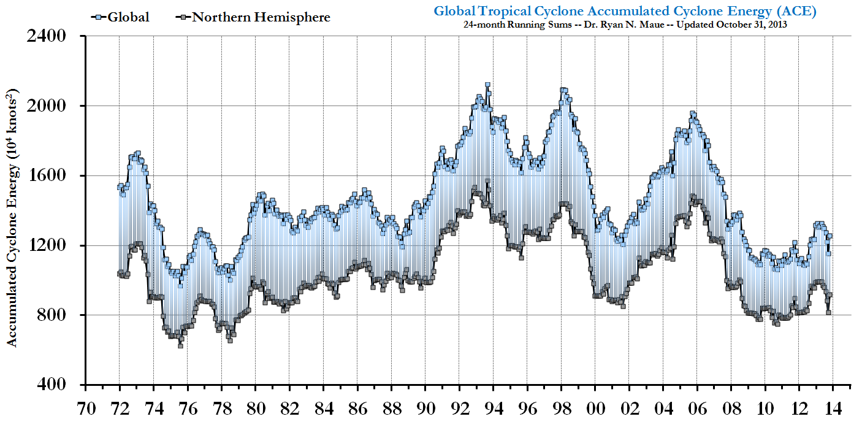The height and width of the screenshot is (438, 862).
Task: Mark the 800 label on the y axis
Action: [x=51, y=315]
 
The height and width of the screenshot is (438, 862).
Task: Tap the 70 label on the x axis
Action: [x=85, y=407]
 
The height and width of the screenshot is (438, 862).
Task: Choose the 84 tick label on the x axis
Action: [x=323, y=407]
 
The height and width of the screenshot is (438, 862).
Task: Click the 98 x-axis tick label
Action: [x=562, y=407]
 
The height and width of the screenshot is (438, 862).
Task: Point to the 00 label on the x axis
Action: [x=595, y=407]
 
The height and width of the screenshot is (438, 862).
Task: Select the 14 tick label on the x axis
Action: [x=834, y=407]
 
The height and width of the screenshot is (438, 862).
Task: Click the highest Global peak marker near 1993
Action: [x=487, y=85]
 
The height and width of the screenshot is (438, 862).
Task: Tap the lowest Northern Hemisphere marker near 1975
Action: [x=180, y=345]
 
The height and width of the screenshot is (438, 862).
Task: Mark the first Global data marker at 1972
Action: [x=120, y=187]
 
